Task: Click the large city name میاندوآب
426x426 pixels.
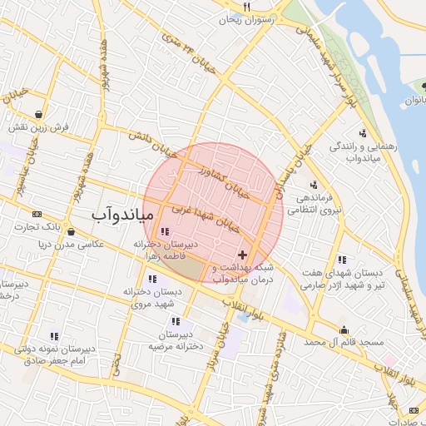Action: pos(121,215)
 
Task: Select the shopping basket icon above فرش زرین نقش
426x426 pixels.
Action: pos(39,114)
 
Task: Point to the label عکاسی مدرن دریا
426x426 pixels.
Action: pos(67,245)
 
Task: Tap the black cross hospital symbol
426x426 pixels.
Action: pos(242,255)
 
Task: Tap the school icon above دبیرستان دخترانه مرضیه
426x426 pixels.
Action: pos(176,321)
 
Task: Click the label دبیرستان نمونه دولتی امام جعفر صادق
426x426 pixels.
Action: pos(52,352)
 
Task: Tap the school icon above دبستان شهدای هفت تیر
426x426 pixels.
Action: pos(342,260)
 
